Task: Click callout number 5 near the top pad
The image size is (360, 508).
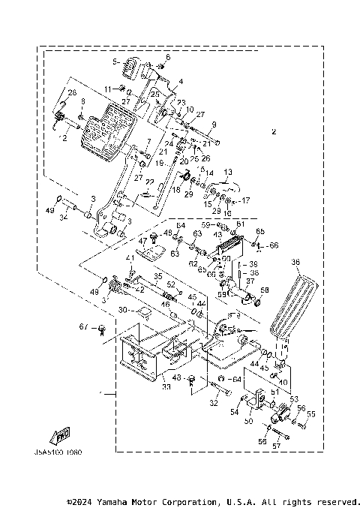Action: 115,62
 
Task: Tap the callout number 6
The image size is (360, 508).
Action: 168,58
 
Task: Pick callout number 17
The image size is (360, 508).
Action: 244,201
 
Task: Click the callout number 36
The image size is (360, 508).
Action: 295,263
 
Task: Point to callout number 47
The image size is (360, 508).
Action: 142,241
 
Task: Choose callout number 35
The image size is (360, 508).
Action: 158,277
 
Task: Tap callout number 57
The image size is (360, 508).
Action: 276,446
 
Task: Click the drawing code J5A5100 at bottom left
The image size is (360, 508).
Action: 56,453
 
